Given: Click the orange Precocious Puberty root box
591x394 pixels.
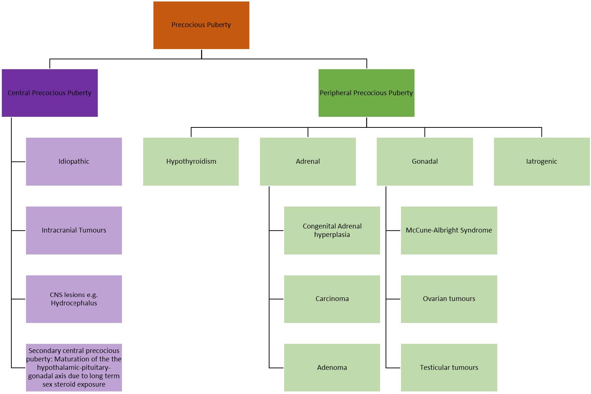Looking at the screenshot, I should (x=201, y=25).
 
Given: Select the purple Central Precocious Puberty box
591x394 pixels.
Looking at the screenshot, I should (x=49, y=93).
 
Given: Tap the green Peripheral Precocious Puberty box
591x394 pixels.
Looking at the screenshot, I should (x=366, y=93).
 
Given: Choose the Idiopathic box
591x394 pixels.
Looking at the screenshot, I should (x=74, y=161).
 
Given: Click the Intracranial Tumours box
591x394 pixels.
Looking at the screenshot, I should (x=74, y=230).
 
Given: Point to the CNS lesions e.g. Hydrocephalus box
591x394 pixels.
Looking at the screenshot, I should (x=74, y=299).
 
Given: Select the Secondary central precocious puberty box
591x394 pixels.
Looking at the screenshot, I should (x=74, y=367).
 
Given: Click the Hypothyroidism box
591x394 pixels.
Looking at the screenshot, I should (x=191, y=161).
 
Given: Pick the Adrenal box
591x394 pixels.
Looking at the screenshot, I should (x=308, y=161).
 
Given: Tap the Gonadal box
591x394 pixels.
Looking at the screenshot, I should (x=424, y=161).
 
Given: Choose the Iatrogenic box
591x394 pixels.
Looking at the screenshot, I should (x=541, y=161).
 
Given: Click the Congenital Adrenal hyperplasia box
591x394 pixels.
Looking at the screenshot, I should (x=332, y=230).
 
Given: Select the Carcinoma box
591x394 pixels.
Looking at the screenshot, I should (x=332, y=299).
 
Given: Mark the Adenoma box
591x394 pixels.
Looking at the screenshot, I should (x=332, y=367).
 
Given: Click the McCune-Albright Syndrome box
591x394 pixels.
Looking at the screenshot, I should (x=449, y=230).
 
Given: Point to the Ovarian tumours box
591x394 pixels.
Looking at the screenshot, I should (x=449, y=299).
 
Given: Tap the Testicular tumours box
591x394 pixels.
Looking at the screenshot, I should (x=449, y=367).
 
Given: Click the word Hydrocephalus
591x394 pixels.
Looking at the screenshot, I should (x=74, y=303).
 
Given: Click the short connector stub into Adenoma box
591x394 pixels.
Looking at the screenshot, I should (x=276, y=367).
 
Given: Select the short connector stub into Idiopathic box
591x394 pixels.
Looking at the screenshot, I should (x=18, y=161).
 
